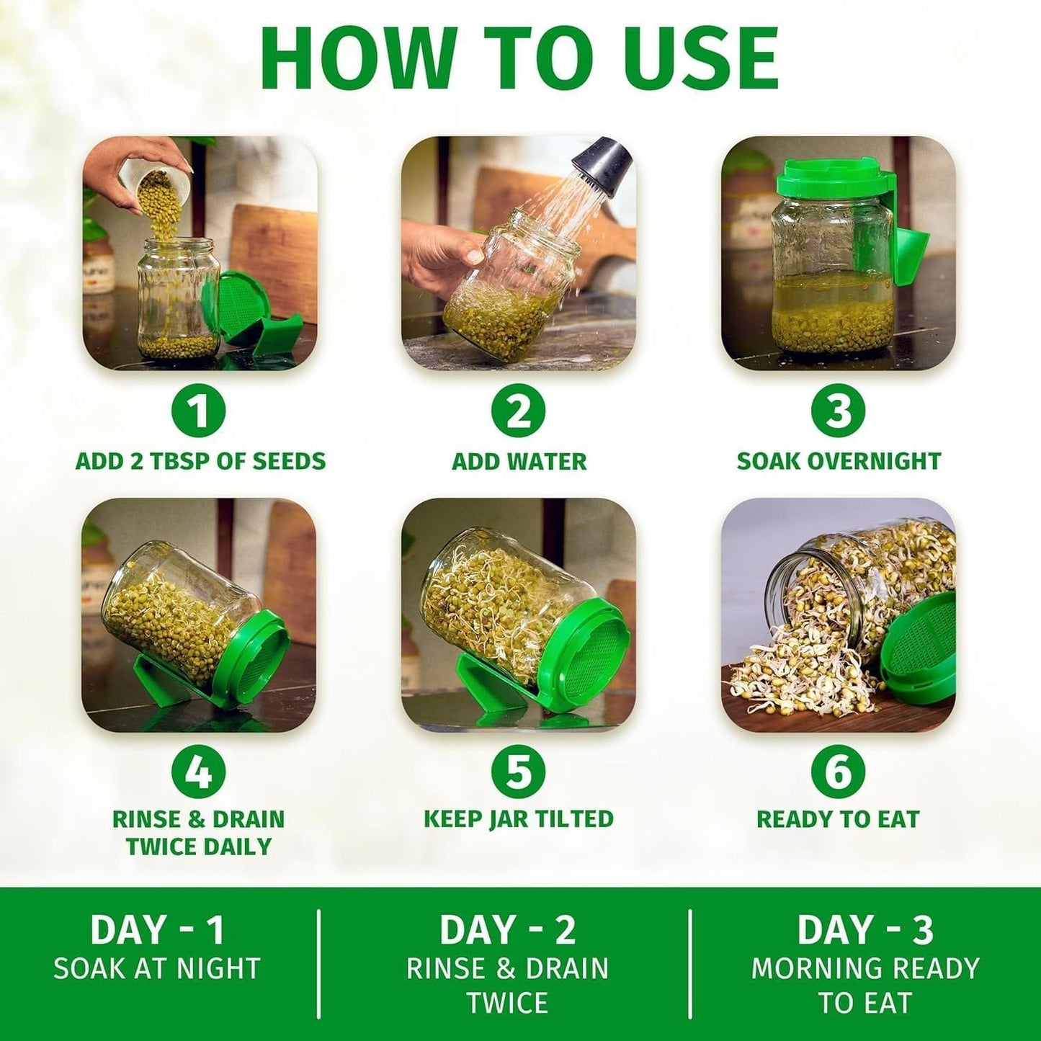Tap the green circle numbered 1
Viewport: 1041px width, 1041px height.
coord(199,411)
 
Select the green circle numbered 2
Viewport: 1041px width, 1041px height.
coord(519,411)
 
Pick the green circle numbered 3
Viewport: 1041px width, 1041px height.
coord(839,411)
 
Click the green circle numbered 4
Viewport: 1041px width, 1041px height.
coord(199,772)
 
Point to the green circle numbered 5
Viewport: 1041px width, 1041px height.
coord(519,772)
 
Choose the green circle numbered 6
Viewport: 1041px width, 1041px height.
coord(839,772)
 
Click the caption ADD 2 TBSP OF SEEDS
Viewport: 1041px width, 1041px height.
coord(200,461)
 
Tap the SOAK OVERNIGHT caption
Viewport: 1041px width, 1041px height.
coord(839,461)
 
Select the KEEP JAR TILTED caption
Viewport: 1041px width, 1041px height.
coord(519,819)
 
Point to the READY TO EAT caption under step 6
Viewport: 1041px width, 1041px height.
coord(838,819)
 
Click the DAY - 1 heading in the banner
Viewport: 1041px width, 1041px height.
coord(157,930)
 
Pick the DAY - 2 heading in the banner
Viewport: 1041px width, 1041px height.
coord(508,930)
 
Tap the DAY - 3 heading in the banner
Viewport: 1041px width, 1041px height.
coord(865,930)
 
